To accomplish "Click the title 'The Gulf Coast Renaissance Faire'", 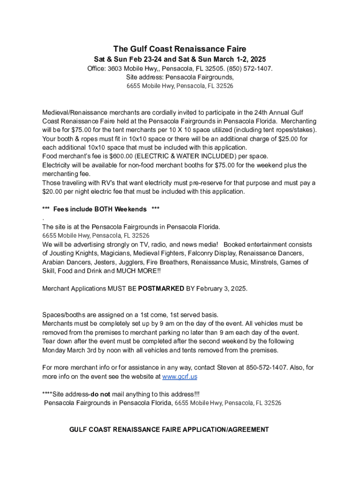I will (180, 49).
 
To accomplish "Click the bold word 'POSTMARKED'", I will (161, 288).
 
